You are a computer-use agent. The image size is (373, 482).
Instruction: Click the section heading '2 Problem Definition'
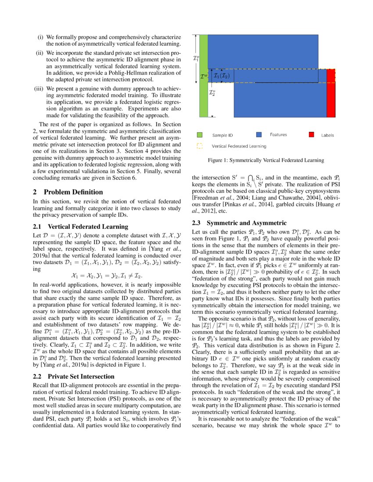68,192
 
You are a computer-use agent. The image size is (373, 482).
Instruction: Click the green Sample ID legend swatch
200,135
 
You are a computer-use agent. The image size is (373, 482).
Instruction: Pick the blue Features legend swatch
259,135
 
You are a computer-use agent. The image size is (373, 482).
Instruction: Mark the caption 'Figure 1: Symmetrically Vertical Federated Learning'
266,160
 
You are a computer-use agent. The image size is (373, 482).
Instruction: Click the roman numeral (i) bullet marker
39,37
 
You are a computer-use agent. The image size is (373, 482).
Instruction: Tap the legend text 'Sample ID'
222,135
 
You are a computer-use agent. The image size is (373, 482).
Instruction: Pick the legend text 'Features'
278,135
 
